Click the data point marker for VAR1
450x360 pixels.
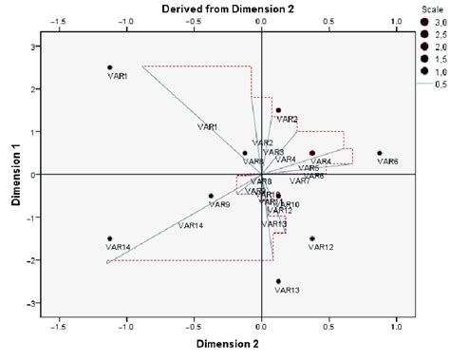click(110, 67)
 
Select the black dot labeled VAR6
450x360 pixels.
click(380, 153)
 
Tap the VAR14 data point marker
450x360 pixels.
click(110, 238)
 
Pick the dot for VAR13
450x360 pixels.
click(278, 281)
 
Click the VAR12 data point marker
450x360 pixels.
click(312, 238)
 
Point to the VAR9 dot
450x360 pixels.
click(211, 196)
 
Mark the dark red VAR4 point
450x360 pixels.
click(311, 153)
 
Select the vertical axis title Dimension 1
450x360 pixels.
click(14, 175)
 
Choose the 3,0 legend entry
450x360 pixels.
click(433, 19)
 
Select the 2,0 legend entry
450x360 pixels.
click(433, 46)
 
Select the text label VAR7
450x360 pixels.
click(300, 180)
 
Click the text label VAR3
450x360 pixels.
click(273, 152)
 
